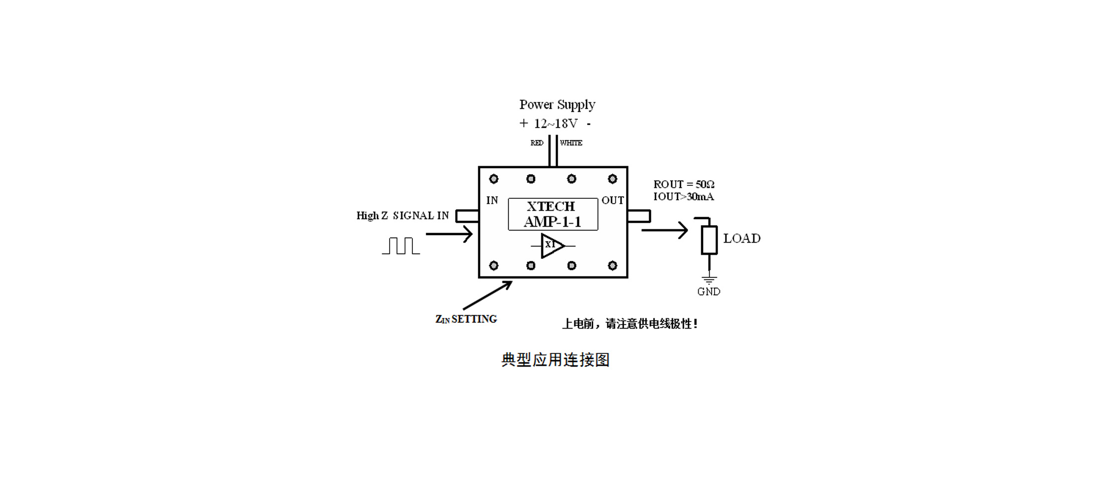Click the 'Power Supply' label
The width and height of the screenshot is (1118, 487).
click(557, 105)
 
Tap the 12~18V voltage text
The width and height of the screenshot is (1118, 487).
click(556, 123)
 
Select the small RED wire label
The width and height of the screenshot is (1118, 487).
click(537, 143)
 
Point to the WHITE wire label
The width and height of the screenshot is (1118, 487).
click(571, 143)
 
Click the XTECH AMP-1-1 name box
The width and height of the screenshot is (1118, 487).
click(553, 214)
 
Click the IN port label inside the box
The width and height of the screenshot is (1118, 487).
click(492, 200)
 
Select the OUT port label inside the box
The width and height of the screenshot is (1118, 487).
click(613, 200)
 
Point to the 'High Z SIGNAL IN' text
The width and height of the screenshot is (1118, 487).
click(402, 216)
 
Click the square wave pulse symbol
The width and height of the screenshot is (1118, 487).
click(401, 246)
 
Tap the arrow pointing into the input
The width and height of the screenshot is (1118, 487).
click(449, 234)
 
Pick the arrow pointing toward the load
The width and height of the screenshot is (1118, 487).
click(665, 230)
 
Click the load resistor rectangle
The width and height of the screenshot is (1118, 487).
click(709, 240)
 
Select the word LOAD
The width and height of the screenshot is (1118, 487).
click(742, 239)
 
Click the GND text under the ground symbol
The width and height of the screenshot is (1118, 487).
click(709, 292)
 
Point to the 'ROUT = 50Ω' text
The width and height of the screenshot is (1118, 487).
click(684, 184)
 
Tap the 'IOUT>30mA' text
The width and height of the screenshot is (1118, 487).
click(683, 197)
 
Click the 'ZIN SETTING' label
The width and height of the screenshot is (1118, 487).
click(466, 319)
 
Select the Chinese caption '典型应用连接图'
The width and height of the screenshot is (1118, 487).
click(556, 360)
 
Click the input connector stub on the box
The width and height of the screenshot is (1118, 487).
click(467, 216)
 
